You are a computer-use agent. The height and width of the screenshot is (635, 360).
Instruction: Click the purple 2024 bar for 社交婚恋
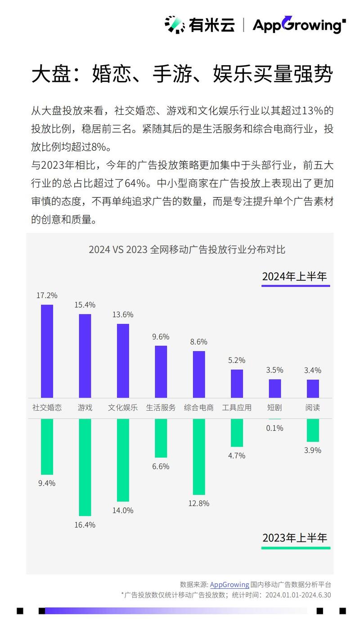coord(47,351)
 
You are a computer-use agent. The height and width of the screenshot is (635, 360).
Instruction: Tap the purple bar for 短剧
coord(275,388)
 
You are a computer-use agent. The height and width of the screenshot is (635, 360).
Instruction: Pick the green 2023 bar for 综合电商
coord(199,456)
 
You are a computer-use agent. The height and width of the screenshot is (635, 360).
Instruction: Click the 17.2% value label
coord(47,295)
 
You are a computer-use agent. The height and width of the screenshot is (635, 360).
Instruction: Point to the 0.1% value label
coord(274,428)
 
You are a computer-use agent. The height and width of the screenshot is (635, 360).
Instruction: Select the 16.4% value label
coord(85,525)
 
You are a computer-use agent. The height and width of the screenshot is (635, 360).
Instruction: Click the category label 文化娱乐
coord(123,408)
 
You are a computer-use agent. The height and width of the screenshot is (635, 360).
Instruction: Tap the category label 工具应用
coord(237,408)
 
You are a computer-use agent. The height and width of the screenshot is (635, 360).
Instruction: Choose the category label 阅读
coord(313,408)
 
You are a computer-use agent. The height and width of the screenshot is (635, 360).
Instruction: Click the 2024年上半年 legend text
coord(295,276)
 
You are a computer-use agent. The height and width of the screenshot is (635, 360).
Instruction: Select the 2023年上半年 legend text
coord(295,537)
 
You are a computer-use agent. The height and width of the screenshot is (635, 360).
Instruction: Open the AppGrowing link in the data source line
coord(229,585)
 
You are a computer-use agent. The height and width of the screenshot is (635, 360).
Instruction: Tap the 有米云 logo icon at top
coord(175,24)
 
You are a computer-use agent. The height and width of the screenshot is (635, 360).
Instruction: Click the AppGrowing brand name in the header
coord(297,25)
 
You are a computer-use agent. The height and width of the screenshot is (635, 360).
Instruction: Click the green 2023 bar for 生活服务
coord(161,438)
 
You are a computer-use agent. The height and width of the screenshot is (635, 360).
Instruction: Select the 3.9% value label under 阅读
coord(313,450)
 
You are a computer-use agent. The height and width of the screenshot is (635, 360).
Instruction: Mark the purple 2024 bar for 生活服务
coord(161,371)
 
